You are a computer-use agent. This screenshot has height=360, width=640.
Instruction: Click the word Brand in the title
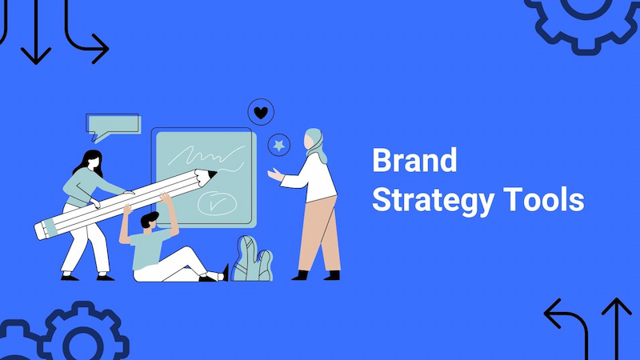click(414, 161)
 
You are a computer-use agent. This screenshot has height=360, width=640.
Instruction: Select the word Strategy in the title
click(434, 201)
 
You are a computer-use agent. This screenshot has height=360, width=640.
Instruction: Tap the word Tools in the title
click(544, 199)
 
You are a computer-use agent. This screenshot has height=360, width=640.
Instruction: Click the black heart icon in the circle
click(261, 112)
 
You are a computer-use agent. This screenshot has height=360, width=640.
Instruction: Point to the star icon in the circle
click(279, 145)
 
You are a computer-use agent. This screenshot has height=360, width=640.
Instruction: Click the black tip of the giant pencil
click(212, 174)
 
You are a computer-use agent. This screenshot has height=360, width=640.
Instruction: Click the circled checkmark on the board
click(217, 203)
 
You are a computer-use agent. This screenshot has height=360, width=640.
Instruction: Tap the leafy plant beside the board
click(252, 258)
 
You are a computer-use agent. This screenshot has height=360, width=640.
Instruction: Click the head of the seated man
click(150, 222)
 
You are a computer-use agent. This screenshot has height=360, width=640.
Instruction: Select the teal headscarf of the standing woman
click(317, 145)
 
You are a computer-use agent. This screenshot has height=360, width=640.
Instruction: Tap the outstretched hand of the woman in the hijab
click(274, 174)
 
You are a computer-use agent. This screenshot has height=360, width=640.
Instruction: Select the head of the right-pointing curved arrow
click(102, 49)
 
